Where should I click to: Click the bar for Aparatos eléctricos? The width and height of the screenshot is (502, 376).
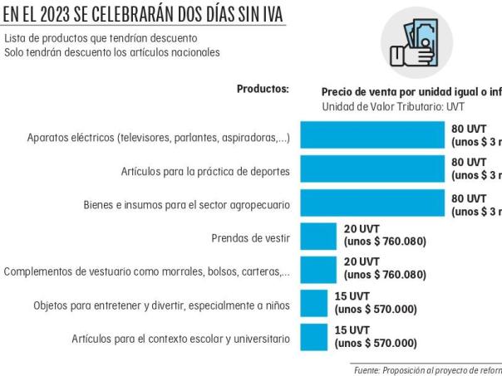tap(372, 136)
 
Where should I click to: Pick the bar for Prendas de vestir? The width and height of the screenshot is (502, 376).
tap(318, 237)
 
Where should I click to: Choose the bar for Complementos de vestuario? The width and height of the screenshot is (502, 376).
tap(318, 271)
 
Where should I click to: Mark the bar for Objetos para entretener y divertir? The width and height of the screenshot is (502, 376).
tap(313, 305)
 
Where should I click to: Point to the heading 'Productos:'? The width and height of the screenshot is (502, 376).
tap(263, 90)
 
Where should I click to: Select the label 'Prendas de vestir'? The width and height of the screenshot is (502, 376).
tap(250, 238)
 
